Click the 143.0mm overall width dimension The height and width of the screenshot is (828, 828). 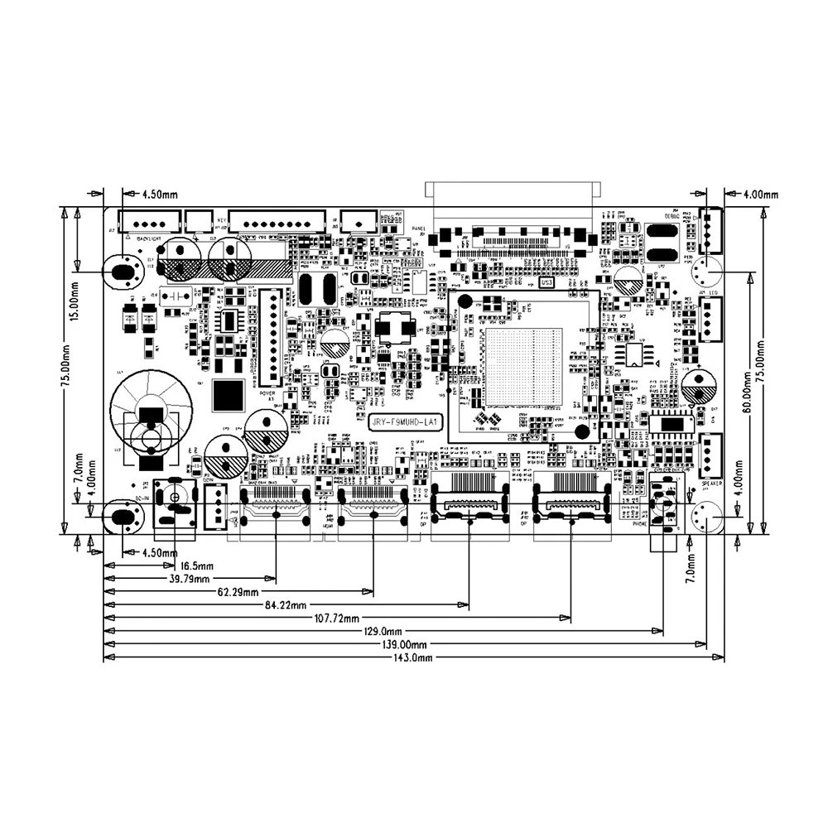coord(412,658)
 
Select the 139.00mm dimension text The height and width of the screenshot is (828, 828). coord(402,645)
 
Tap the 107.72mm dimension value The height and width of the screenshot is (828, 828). coord(335,619)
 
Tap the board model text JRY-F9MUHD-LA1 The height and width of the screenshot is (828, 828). coord(405,422)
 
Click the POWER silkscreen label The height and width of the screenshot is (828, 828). coord(267,394)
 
